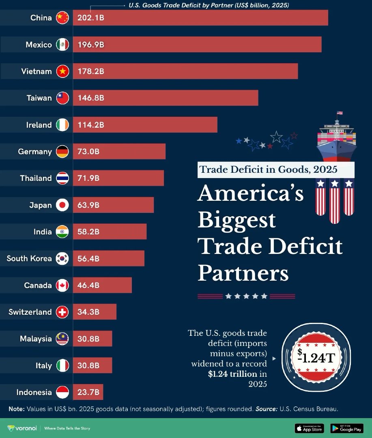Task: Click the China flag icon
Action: coord(62,18)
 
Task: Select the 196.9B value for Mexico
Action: coord(91,45)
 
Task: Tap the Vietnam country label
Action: coord(37,71)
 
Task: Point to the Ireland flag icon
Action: coord(62,125)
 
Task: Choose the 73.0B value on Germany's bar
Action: coord(88,152)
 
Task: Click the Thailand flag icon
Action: coord(62,178)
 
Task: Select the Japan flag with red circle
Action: coord(62,205)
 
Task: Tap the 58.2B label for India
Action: coord(88,232)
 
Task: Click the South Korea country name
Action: coord(29,258)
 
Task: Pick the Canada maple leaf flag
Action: coord(62,285)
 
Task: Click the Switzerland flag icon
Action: coord(62,312)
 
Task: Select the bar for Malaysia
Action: coord(92,339)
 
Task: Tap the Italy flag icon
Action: coord(62,365)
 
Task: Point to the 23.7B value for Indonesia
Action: coord(88,392)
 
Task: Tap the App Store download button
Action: coord(309,428)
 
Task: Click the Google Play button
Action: coord(346,428)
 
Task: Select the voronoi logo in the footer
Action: coord(22,428)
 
